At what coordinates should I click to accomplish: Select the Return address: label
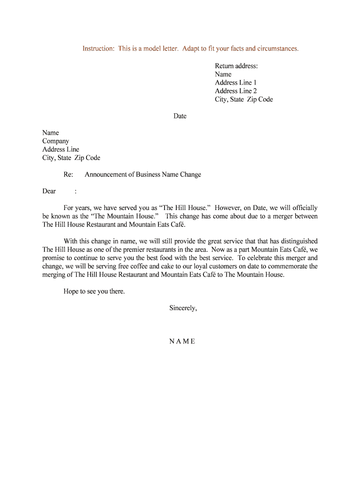236,66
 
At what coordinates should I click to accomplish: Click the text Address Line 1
236,83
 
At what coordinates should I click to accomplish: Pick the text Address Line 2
236,91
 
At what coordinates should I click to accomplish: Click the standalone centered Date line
180,116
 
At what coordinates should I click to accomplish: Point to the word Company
56,141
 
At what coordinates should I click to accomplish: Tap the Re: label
68,174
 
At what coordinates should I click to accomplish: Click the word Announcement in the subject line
109,174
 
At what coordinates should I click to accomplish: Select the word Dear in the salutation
49,191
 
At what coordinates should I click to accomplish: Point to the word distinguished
298,241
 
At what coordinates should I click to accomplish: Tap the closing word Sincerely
183,308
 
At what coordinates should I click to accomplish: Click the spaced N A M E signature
182,341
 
